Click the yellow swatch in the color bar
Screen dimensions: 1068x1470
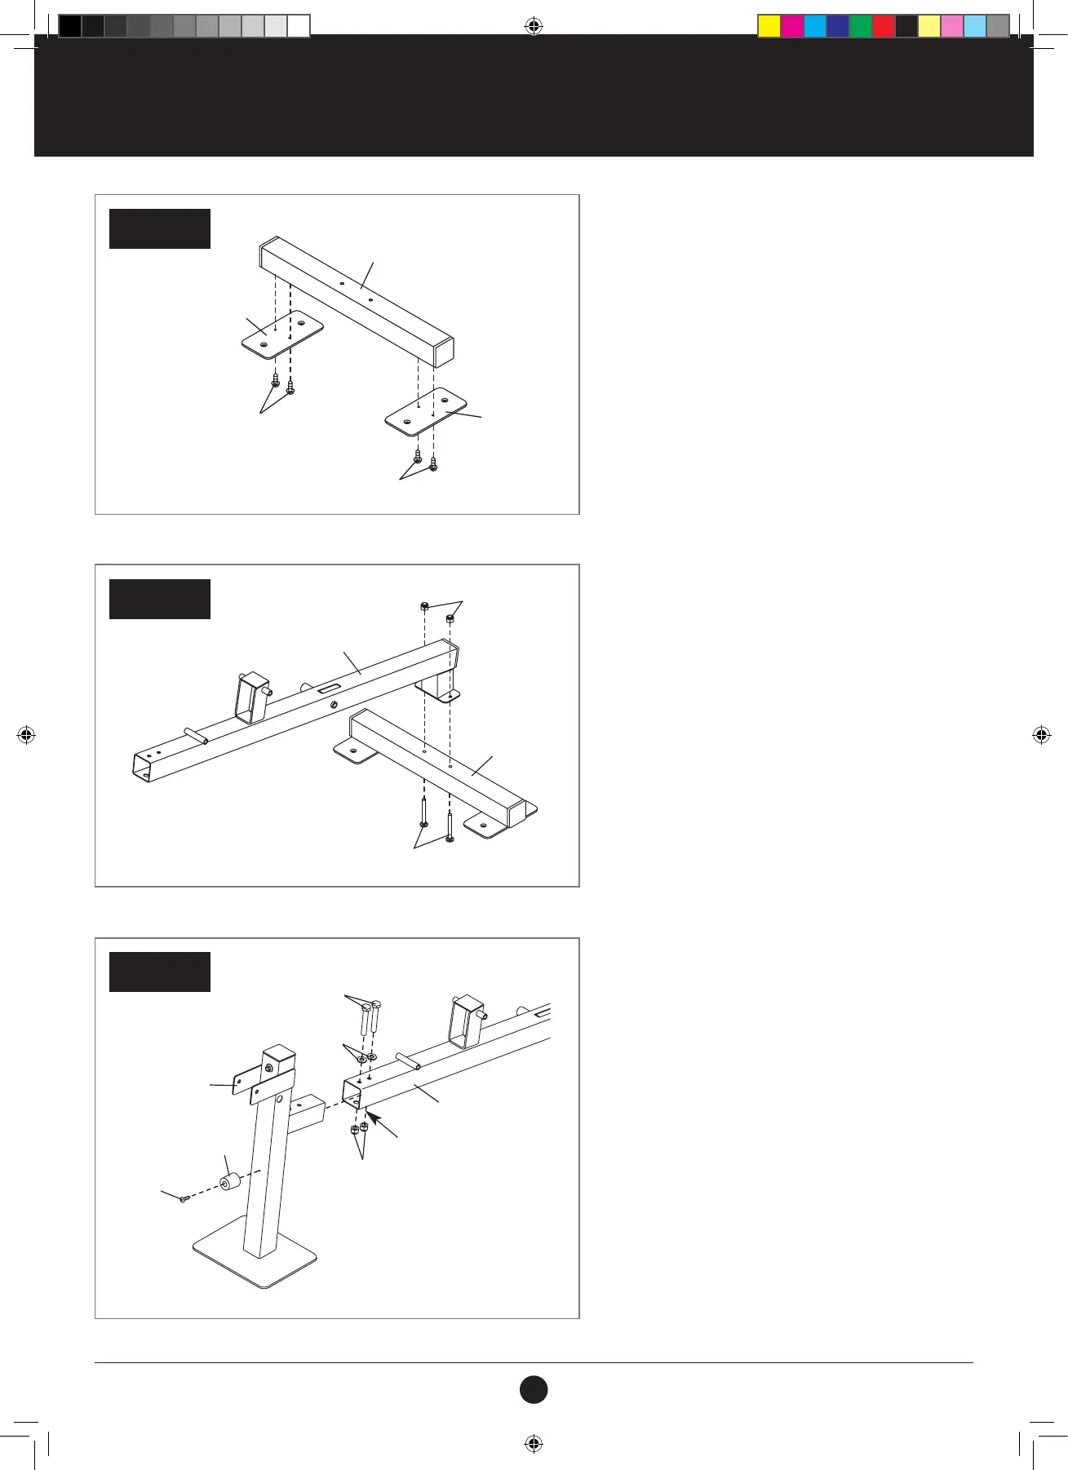(769, 26)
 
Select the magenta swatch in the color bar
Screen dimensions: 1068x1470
(792, 26)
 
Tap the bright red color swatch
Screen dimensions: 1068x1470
(884, 26)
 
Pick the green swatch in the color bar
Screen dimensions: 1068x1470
(861, 26)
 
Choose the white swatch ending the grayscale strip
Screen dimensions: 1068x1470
(299, 26)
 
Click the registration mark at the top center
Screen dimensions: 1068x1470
(534, 27)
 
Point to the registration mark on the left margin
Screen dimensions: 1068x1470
(26, 735)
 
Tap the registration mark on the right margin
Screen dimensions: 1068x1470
(1041, 735)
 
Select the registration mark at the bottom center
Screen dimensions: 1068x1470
(534, 1443)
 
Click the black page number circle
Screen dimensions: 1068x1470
(534, 1389)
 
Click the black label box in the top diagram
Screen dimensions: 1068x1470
(160, 228)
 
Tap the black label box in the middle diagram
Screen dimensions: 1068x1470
(160, 599)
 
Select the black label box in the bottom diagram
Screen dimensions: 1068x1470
(160, 972)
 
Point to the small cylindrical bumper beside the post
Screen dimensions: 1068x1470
(228, 1181)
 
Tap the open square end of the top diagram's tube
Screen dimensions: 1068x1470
(443, 353)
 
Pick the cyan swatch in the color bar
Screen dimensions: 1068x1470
(815, 26)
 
